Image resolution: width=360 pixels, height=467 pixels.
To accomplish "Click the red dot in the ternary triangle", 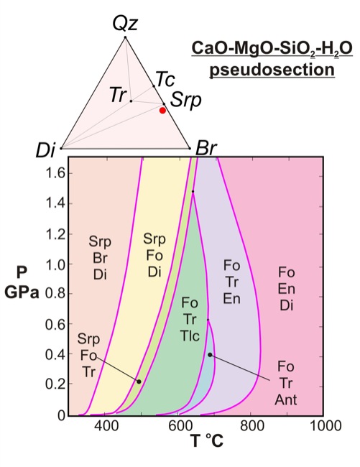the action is [x=162, y=111].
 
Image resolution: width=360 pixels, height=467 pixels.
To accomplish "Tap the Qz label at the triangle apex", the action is [x=125, y=24].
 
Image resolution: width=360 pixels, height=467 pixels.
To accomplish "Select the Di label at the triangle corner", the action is [x=45, y=150].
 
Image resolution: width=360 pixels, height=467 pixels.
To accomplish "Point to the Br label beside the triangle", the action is [x=206, y=148].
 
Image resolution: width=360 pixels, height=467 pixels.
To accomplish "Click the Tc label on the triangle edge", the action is [x=165, y=79].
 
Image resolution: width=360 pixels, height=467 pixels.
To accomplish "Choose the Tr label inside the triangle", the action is [x=118, y=95].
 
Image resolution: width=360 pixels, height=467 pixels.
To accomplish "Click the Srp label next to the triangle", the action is [x=186, y=101].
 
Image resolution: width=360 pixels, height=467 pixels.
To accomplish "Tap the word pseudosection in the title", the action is [x=272, y=70].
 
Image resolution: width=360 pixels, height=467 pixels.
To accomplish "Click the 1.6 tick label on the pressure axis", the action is [x=55, y=173].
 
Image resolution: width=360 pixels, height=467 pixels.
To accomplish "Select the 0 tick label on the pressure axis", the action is [x=62, y=415].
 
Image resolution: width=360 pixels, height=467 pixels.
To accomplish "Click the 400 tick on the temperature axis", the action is [x=106, y=425].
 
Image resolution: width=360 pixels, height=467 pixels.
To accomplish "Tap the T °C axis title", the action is [x=207, y=441].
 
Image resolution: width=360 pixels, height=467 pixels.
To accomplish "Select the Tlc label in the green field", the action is [x=190, y=336].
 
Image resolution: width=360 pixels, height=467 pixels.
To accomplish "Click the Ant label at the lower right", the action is [x=286, y=399].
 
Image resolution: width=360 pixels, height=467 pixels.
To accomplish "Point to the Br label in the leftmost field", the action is [x=100, y=258].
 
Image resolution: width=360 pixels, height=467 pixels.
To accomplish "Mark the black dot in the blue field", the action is [x=210, y=355].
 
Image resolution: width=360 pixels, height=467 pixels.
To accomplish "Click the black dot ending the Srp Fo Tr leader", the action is [x=139, y=382].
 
